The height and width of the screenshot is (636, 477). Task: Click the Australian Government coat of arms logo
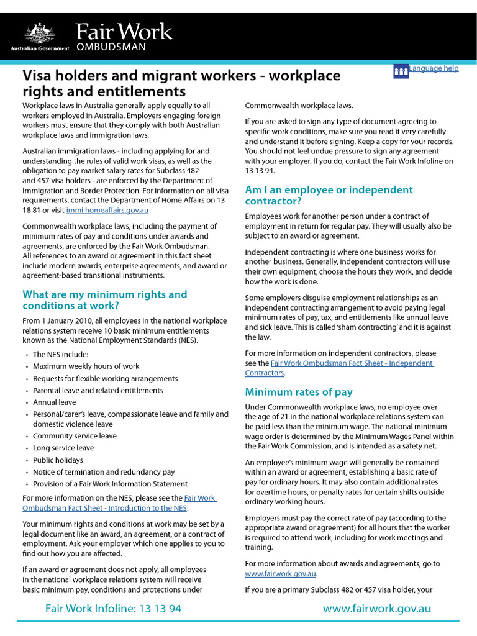click(40, 32)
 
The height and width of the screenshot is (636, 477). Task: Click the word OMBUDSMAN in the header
click(111, 47)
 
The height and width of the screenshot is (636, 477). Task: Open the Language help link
click(434, 68)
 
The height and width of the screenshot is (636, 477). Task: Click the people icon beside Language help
click(401, 71)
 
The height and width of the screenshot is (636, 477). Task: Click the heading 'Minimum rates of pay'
click(299, 392)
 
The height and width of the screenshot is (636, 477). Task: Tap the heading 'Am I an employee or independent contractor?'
click(329, 195)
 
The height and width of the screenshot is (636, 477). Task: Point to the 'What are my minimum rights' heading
click(104, 300)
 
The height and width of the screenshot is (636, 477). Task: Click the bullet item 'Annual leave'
click(54, 402)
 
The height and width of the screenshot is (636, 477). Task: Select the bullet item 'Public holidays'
click(58, 460)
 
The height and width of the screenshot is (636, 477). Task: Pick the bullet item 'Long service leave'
click(63, 448)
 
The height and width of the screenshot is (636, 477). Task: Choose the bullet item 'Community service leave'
click(75, 436)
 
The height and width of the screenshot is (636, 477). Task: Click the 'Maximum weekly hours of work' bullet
click(86, 366)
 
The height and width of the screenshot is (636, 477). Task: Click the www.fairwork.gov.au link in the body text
click(281, 574)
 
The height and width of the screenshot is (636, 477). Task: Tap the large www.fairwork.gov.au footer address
click(376, 609)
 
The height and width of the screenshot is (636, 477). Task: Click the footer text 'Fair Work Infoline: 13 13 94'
click(113, 609)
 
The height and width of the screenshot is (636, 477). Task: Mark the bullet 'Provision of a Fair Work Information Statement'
click(110, 484)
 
